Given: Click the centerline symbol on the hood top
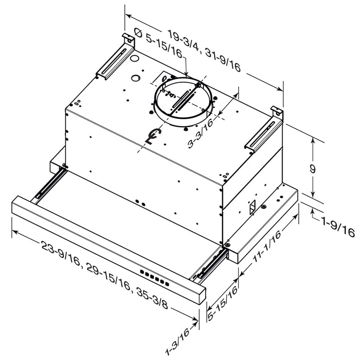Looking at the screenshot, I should [153, 135].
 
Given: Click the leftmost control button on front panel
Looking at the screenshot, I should [141, 272].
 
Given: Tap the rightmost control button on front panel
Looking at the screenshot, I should [168, 284].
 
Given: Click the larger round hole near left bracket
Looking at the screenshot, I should [134, 58].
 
